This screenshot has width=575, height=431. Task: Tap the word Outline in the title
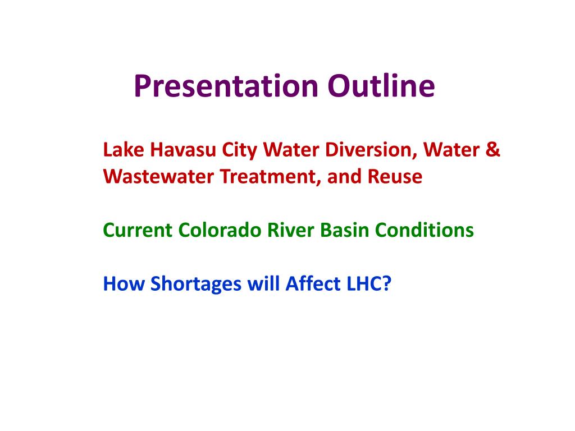point(381,86)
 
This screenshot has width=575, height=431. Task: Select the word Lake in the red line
point(123,149)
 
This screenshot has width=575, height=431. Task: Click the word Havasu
point(183,149)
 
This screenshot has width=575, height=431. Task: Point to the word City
point(239,150)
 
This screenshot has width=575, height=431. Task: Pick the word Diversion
point(371,150)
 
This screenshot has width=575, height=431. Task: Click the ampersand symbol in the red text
point(492,149)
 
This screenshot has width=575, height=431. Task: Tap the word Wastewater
point(158,176)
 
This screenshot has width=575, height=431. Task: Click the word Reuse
point(395,176)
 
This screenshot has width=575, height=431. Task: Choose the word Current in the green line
point(138,230)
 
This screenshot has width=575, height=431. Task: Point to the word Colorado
point(220,230)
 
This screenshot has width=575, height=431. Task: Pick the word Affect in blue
point(313,283)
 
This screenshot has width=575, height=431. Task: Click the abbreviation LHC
point(364,283)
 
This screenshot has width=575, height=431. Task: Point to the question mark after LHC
point(387,283)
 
